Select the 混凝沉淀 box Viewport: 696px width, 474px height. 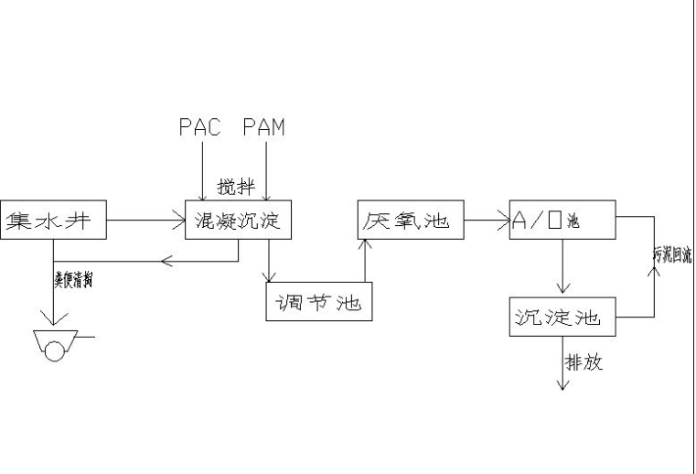tap(238, 221)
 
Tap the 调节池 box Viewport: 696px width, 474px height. tap(319, 302)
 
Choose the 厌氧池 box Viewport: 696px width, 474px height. tap(410, 221)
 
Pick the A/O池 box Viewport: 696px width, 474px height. tap(562, 221)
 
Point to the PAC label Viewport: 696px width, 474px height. tap(199, 127)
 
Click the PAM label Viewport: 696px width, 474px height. tap(263, 127)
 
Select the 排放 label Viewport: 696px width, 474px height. tap(584, 362)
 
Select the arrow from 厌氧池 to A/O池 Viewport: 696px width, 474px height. tap(487, 220)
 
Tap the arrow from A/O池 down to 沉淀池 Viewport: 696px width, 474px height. tap(562, 267)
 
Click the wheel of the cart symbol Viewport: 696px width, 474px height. tap(57, 349)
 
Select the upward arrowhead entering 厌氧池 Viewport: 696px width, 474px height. tap(365, 244)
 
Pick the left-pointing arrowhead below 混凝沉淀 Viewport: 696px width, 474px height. tap(166, 262)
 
